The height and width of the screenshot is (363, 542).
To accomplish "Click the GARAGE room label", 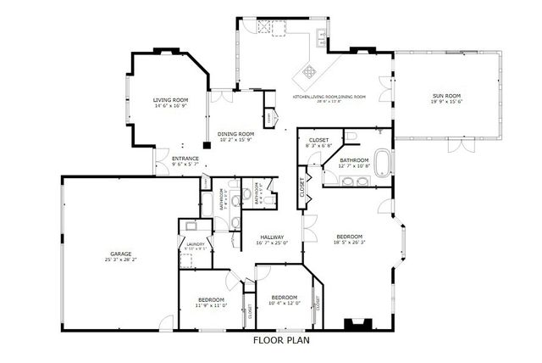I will [120, 252].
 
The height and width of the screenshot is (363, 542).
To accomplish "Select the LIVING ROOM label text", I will [170, 100].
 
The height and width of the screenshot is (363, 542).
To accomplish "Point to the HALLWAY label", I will [272, 237].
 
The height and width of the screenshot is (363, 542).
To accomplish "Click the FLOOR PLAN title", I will [281, 341].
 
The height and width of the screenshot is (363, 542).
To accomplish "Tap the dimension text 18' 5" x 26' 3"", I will [349, 243].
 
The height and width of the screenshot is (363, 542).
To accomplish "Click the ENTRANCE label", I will [185, 159].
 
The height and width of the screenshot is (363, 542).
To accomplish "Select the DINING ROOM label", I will [236, 133].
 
